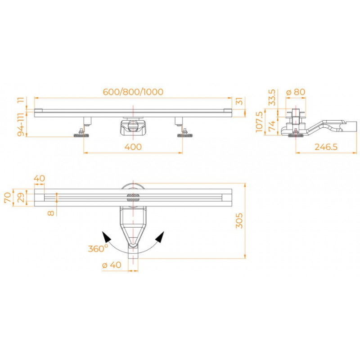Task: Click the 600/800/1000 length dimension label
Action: click(133, 92)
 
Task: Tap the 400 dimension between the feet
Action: click(133, 147)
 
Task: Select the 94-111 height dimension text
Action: click(21, 125)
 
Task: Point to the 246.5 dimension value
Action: click(326, 147)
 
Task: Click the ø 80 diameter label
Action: click(296, 92)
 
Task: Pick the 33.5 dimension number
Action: click(272, 97)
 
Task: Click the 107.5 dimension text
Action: click(259, 122)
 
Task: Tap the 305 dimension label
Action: click(239, 220)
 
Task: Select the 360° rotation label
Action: click(98, 248)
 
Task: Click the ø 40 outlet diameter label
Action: click(112, 265)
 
